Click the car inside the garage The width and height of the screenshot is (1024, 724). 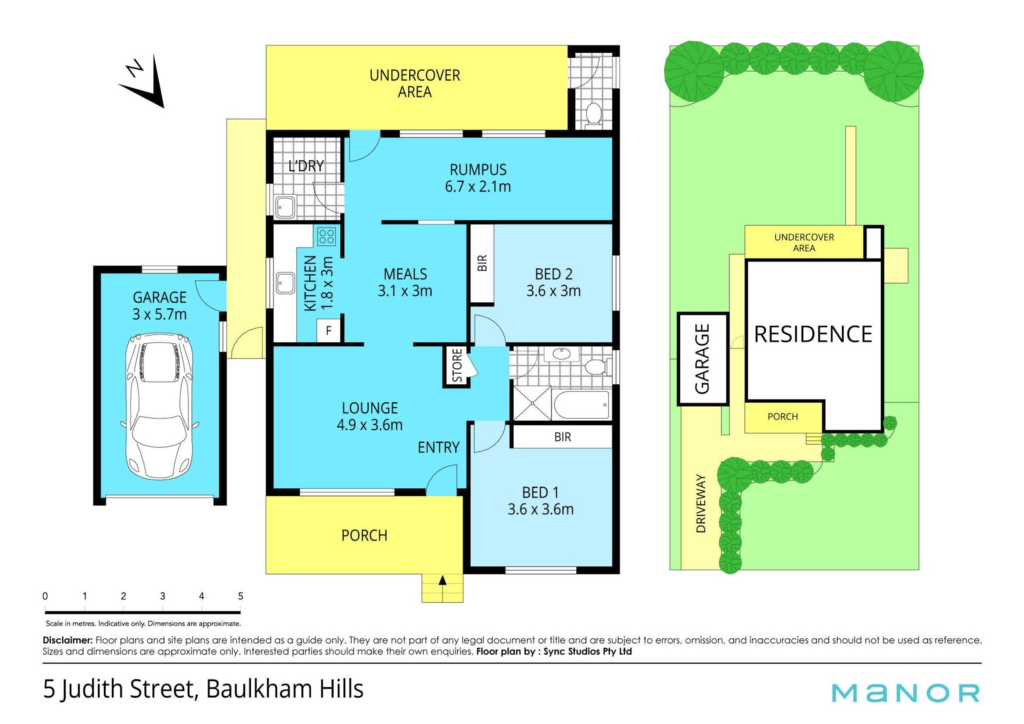pyautogui.click(x=159, y=406)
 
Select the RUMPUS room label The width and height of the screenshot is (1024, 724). pyautogui.click(x=478, y=170)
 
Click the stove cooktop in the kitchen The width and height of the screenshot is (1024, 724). pyautogui.click(x=326, y=236)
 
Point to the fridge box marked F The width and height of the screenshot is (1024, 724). pyautogui.click(x=329, y=331)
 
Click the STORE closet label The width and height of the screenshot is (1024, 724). pyautogui.click(x=457, y=366)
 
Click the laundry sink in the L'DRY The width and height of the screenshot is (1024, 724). pyautogui.click(x=285, y=207)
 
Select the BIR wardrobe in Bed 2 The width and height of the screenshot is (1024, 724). pyautogui.click(x=482, y=263)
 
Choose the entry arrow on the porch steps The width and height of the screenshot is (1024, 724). pyautogui.click(x=442, y=581)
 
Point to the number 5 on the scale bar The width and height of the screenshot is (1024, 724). pyautogui.click(x=241, y=596)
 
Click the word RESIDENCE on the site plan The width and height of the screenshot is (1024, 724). pyautogui.click(x=813, y=334)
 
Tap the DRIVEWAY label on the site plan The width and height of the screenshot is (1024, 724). pyautogui.click(x=701, y=503)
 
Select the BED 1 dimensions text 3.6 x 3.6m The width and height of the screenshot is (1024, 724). pyautogui.click(x=540, y=509)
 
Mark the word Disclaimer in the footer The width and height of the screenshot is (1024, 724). pyautogui.click(x=68, y=640)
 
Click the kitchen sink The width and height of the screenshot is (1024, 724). pyautogui.click(x=285, y=283)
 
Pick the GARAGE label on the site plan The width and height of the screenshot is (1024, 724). pyautogui.click(x=702, y=359)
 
